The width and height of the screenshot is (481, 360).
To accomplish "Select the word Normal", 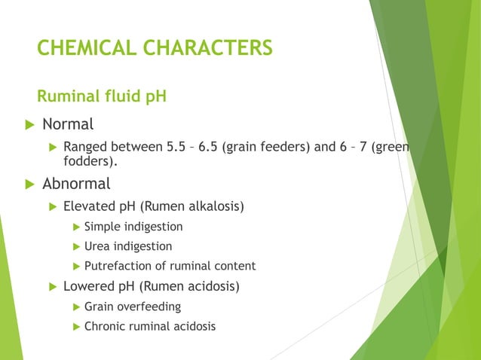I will pos(68,124).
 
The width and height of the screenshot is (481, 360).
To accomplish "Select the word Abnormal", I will pos(76,184).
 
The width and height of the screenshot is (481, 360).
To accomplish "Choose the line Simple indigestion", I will pos(133,227).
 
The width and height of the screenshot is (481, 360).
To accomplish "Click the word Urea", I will pos(97,246).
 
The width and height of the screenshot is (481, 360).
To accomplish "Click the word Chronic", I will pos(104,326).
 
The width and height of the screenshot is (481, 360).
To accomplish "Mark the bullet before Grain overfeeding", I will pos(75,307).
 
